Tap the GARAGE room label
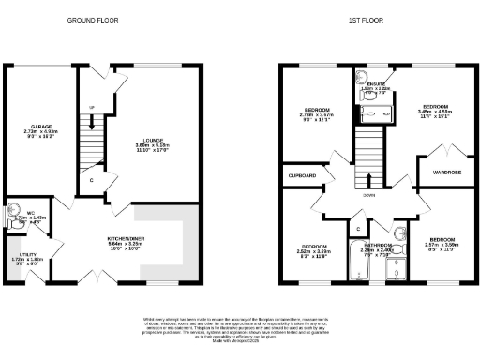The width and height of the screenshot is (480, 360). pos(39,130)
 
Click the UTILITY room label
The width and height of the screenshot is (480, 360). pos(24,260)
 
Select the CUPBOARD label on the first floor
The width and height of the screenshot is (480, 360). pos(301,175)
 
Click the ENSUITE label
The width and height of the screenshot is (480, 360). pos(375,86)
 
